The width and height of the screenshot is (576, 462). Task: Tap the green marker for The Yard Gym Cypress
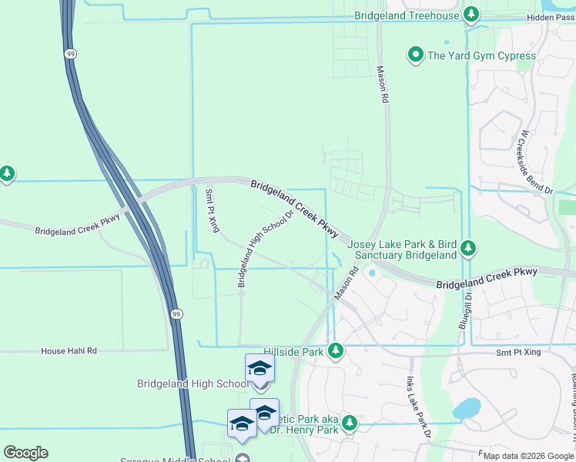click(x=416, y=55)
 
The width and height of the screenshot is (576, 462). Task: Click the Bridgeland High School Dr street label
click(x=266, y=249)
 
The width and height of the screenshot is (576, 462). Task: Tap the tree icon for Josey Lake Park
click(x=467, y=248)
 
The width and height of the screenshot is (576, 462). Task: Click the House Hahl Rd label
click(x=69, y=350)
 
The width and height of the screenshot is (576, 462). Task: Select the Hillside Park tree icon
click(x=335, y=351)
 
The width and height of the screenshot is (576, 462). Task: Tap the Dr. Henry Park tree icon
click(x=349, y=423)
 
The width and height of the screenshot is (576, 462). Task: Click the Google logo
click(x=25, y=453)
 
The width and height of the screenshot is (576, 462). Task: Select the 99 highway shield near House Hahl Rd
click(x=177, y=314)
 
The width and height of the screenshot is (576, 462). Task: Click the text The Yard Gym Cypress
click(x=481, y=55)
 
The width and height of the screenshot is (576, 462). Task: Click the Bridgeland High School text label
click(x=193, y=383)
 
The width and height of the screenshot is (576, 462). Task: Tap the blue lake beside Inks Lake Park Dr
click(x=467, y=408)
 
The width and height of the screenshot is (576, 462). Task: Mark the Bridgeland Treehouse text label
click(x=407, y=15)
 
